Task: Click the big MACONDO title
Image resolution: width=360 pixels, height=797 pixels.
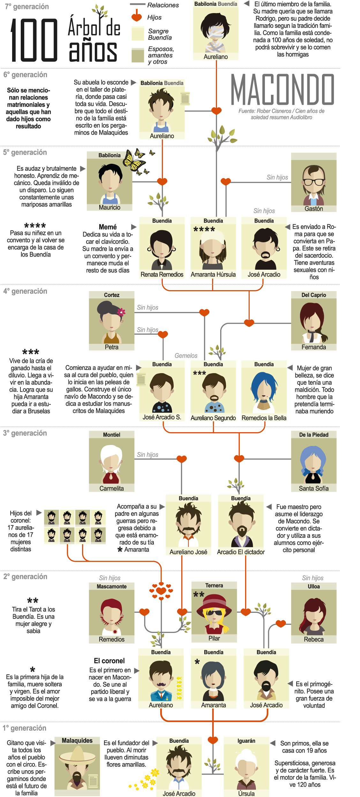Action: click(282, 90)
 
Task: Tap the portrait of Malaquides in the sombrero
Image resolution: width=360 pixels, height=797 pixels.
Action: click(77, 768)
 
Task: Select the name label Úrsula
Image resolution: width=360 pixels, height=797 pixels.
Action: click(246, 793)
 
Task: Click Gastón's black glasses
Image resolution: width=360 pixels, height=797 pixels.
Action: click(314, 182)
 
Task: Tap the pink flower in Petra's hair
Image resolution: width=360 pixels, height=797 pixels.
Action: click(121, 312)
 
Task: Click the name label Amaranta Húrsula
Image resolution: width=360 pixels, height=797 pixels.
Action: click(213, 274)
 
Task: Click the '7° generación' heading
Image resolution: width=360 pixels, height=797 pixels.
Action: click(27, 7)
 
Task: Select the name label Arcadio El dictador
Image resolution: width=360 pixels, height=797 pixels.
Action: click(241, 552)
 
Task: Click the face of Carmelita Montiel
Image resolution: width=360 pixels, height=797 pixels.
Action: click(111, 463)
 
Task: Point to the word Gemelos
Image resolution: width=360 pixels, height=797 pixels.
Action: click(186, 356)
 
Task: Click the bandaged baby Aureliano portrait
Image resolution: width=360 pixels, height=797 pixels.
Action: click(216, 32)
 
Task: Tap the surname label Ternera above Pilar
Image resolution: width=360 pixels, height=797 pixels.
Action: click(214, 585)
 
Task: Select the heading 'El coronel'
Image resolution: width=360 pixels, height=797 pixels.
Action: click(109, 661)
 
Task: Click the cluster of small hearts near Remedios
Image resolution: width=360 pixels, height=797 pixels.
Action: click(161, 591)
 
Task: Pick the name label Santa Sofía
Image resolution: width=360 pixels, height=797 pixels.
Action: click(314, 488)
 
